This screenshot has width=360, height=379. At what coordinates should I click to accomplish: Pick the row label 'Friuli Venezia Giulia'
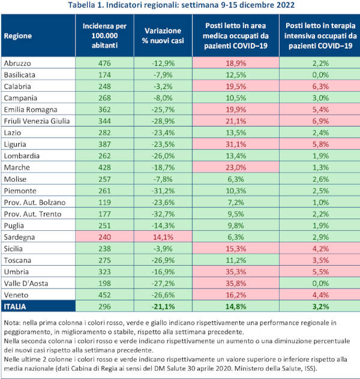pyautogui.click(x=37, y=121)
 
